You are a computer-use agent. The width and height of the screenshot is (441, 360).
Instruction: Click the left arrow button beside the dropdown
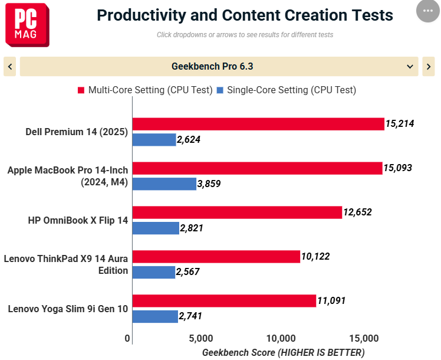tap(9, 67)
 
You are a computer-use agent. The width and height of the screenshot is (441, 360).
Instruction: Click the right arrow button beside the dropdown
tap(429, 67)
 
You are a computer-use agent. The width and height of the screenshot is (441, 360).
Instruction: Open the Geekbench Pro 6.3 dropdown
tap(219, 67)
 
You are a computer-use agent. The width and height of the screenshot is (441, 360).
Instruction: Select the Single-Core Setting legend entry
tap(287, 90)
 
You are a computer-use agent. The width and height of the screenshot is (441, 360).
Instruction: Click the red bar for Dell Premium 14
tap(258, 124)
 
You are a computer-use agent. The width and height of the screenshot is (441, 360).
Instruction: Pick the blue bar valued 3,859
tap(164, 184)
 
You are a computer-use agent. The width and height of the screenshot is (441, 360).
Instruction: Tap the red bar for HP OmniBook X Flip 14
tap(237, 212)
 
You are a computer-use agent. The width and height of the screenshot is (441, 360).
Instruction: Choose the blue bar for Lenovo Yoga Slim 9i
tap(155, 316)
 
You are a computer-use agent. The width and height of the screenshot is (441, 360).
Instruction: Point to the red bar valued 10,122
tap(216, 257)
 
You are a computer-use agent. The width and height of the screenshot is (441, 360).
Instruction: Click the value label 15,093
tap(397, 168)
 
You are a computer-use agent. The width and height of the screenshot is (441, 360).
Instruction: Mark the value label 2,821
tap(192, 228)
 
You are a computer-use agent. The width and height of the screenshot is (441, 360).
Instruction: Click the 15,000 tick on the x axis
tap(363, 339)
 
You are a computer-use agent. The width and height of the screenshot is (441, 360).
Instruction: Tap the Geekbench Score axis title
tap(283, 352)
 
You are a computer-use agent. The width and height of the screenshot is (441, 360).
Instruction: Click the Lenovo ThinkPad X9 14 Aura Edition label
tap(65, 264)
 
